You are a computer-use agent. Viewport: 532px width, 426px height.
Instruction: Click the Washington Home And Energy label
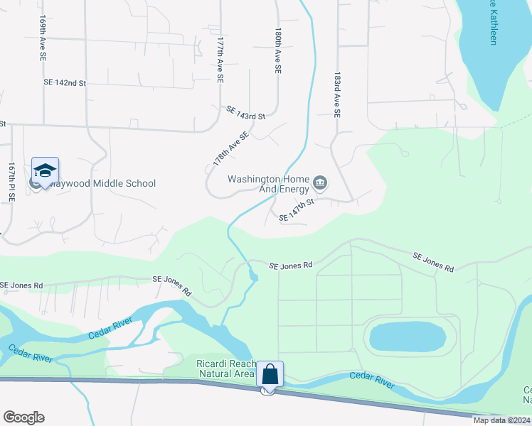tap(268, 184)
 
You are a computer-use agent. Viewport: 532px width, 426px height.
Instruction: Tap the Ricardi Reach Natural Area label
tap(225, 368)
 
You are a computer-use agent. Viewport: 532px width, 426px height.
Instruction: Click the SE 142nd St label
tap(65, 83)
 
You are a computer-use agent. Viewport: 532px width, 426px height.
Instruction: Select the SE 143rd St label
tap(245, 112)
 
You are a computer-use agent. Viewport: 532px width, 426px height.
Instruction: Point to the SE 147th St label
tap(297, 211)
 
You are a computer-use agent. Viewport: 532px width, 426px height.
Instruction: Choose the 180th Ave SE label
tap(278, 52)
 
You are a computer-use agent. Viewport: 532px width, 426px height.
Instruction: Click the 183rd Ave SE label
tap(337, 93)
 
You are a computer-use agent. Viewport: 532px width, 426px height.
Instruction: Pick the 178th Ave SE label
tap(231, 149)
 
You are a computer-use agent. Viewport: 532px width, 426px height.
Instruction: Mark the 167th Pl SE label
tap(12, 182)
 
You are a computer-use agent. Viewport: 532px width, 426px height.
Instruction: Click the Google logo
tap(23, 417)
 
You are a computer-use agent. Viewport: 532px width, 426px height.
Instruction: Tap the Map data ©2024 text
tap(501, 420)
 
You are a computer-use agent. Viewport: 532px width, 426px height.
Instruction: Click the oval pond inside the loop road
tap(409, 335)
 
